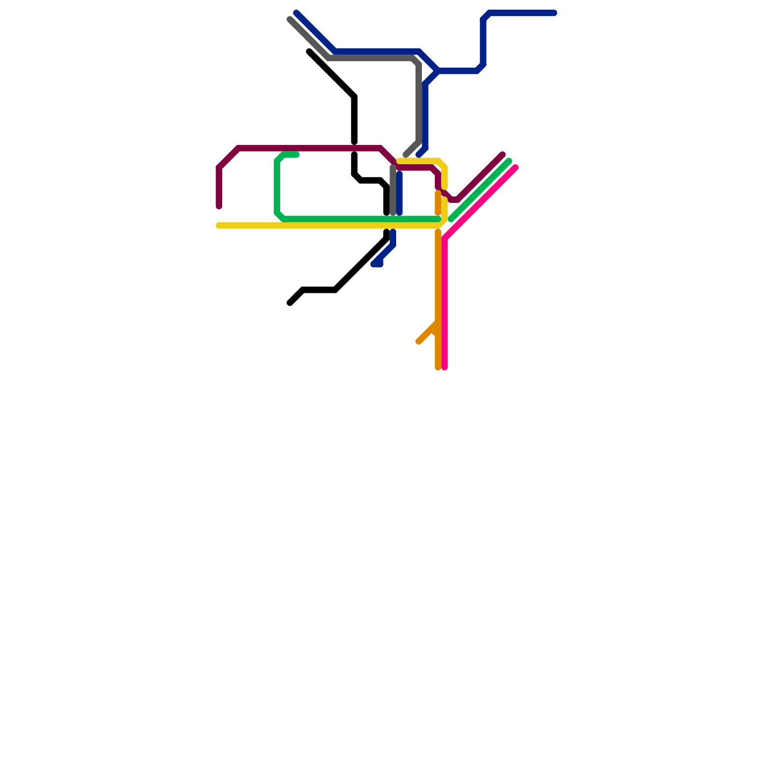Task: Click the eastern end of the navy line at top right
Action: pos(555,13)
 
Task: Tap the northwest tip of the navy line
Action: pos(296,13)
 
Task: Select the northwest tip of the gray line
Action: pos(289,20)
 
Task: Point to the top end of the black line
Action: pos(309,52)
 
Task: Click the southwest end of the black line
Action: pos(290,303)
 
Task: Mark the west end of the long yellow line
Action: pos(218,226)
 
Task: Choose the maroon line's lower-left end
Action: pos(219,207)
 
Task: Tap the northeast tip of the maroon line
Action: pos(503,155)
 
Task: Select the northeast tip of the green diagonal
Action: pos(509,161)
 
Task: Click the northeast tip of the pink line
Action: pos(516,168)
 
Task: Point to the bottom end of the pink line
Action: pos(444,368)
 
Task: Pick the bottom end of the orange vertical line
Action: pos(438,368)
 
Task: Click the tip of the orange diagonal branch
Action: pos(418,342)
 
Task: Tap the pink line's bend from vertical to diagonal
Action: pos(444,239)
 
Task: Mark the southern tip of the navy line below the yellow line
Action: pos(374,264)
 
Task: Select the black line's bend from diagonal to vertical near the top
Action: pos(354,97)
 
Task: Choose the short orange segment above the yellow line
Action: pos(438,203)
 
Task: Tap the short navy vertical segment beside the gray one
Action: pos(400,193)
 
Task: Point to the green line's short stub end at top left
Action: pos(297,155)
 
